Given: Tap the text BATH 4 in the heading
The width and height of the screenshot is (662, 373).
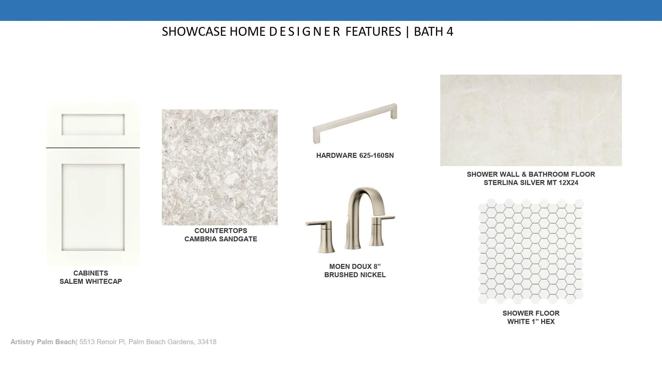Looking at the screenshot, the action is click(x=433, y=31).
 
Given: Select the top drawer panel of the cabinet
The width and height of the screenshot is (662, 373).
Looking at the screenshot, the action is click(x=93, y=125).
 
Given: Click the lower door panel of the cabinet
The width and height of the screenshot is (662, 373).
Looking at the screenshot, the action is click(x=93, y=207).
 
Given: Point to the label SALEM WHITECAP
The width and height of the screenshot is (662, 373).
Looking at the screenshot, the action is click(x=91, y=281).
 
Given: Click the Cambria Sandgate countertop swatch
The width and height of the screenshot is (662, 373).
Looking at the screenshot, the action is click(x=220, y=167).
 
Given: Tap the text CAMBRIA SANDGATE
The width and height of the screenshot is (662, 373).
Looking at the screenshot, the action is click(x=221, y=239).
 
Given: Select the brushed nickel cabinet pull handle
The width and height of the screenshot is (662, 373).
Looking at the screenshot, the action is click(x=355, y=123).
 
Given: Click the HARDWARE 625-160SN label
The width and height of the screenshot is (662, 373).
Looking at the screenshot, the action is click(x=355, y=155).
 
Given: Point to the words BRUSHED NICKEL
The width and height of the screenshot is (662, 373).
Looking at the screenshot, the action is click(x=355, y=275).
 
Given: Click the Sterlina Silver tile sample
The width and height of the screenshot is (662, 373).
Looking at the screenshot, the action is click(x=531, y=120).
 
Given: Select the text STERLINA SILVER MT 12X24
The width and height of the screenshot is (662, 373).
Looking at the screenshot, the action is click(x=531, y=183).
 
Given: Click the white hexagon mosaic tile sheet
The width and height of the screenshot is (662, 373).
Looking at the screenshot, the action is click(x=531, y=251).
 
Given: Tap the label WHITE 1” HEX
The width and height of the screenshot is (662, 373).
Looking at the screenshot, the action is click(x=531, y=322).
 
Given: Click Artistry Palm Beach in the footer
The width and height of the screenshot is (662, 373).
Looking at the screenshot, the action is click(x=43, y=342).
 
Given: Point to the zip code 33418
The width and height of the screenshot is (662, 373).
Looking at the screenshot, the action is click(x=207, y=342).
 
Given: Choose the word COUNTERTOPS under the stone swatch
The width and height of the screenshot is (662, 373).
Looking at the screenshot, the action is click(x=221, y=231).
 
